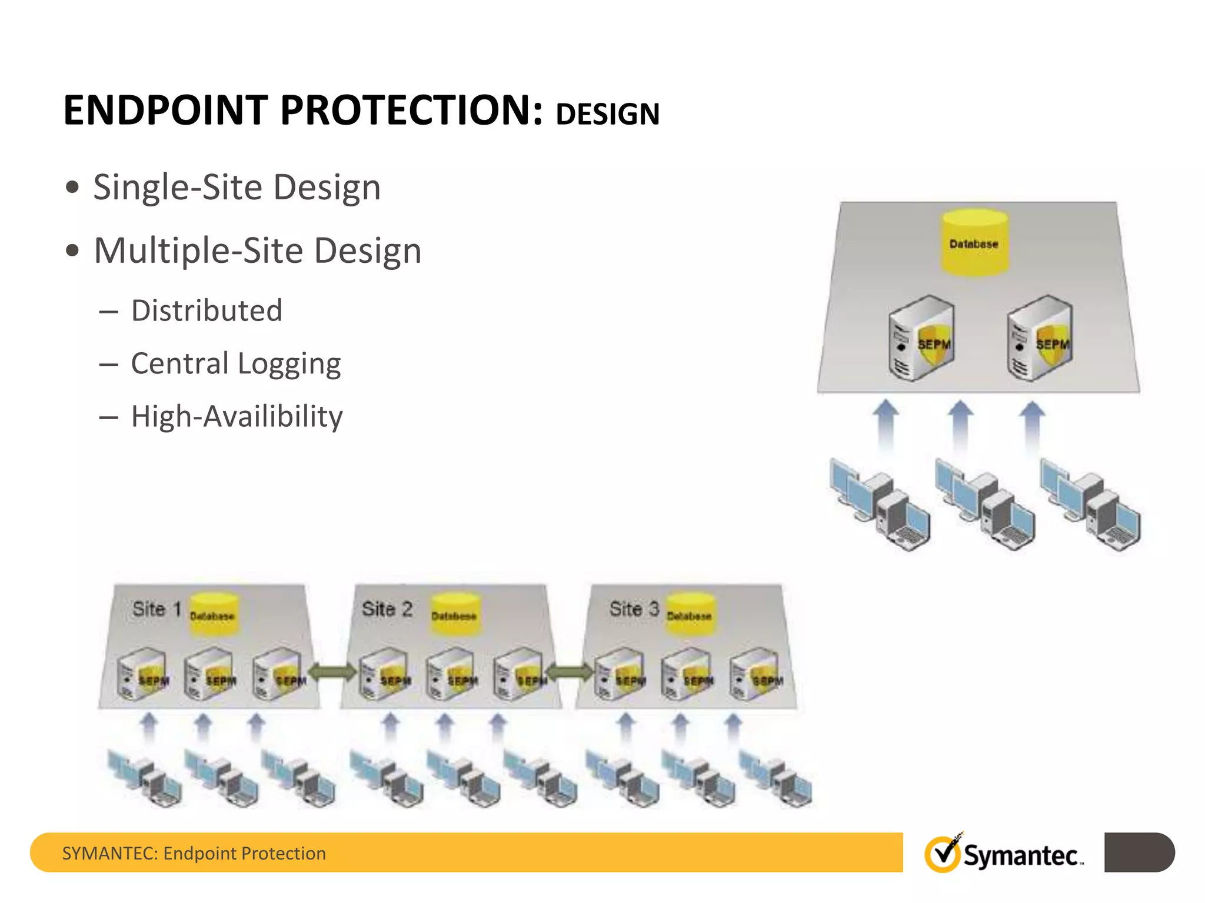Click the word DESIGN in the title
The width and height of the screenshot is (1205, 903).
pos(607,114)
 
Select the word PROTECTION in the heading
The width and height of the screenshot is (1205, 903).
pos(411,111)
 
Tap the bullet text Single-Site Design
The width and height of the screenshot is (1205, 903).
pos(237,188)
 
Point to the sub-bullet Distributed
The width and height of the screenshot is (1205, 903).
pos(207,310)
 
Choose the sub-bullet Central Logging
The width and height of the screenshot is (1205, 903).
pos(235,364)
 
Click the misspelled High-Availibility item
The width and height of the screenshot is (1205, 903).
pos(237,417)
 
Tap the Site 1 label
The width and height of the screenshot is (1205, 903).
pos(157,609)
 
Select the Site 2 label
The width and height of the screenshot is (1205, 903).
pos(387,609)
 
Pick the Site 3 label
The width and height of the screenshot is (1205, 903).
pos(634,609)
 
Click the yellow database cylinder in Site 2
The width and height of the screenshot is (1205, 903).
pos(454,614)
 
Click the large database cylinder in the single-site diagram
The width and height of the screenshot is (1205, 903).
pos(974,242)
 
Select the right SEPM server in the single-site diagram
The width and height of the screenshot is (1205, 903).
pos(1039,339)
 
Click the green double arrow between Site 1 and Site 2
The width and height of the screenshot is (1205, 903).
pos(332,671)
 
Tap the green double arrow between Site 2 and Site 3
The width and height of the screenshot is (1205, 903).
pos(570,671)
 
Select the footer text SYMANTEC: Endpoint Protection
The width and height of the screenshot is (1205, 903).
pos(194,853)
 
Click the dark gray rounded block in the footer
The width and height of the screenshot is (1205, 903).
pos(1139,852)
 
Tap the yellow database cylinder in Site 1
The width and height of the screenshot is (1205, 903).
pos(213,614)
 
